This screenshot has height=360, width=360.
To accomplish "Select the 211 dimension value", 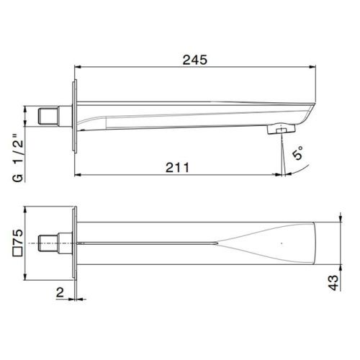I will coord(176,167).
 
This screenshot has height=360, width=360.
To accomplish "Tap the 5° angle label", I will coord(298,153).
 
